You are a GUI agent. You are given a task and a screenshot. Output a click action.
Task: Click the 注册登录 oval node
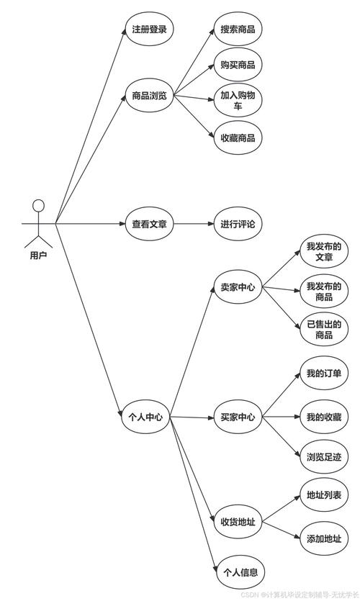[150, 30]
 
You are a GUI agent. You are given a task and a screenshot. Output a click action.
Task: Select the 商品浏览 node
[150, 95]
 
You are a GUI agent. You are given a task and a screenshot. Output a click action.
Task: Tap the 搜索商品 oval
[238, 30]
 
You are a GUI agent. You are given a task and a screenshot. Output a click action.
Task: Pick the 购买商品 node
[238, 65]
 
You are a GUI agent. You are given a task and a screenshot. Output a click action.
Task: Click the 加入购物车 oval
[238, 101]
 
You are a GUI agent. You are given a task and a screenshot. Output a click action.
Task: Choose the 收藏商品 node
[238, 137]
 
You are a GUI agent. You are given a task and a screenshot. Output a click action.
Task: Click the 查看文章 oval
[150, 224]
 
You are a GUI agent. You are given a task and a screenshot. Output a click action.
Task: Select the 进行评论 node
[238, 224]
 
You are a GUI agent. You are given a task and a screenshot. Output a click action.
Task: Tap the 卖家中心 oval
[238, 288]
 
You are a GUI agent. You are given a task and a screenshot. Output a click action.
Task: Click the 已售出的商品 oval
[324, 329]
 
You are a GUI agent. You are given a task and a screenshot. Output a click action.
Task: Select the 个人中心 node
[145, 416]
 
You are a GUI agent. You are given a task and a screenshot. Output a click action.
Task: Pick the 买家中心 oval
[238, 416]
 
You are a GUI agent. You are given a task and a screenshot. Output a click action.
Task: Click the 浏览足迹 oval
[324, 456]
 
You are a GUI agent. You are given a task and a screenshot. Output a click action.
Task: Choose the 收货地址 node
[238, 521]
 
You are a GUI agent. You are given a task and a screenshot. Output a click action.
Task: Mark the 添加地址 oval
[324, 539]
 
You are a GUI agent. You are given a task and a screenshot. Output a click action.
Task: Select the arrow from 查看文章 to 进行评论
[192, 224]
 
